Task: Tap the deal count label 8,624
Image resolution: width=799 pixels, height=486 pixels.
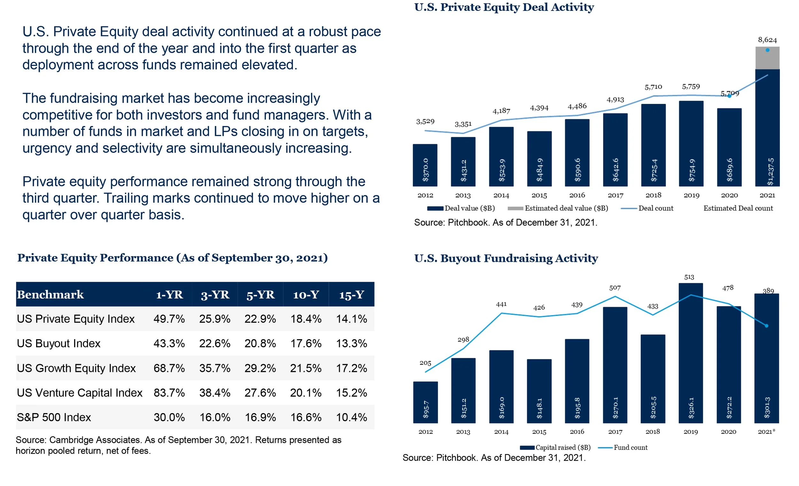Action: click(767, 40)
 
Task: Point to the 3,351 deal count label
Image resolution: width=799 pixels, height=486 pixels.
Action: click(463, 124)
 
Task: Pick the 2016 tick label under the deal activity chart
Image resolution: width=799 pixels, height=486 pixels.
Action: click(577, 195)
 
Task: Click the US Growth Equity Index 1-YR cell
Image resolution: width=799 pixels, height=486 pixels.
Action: click(169, 368)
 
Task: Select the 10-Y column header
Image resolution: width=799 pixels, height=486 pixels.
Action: click(306, 294)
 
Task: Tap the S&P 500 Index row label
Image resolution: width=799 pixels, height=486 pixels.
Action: click(54, 417)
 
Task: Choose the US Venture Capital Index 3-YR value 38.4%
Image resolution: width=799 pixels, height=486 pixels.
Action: click(215, 393)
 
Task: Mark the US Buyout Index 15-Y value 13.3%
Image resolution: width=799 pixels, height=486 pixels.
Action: click(352, 344)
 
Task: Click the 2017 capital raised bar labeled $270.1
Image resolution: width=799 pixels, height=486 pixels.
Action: click(615, 365)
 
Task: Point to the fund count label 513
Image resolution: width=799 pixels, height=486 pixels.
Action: click(689, 277)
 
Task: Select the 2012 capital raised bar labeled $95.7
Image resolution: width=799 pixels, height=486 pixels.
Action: click(425, 402)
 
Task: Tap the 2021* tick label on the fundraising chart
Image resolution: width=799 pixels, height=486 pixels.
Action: click(766, 432)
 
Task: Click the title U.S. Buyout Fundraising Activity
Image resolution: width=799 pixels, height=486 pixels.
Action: click(506, 258)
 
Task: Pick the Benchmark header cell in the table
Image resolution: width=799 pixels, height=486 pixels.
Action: click(50, 294)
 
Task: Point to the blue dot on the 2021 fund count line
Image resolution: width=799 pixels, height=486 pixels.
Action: click(767, 326)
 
